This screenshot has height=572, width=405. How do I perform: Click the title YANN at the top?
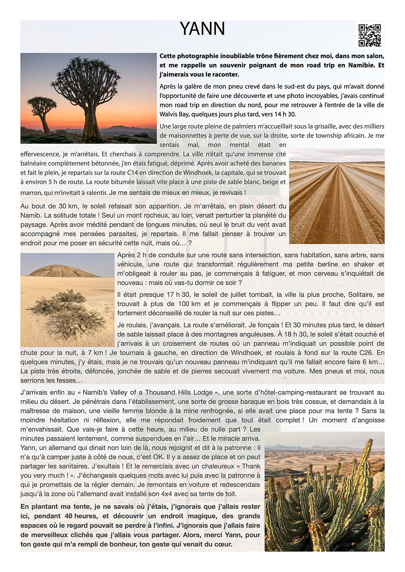(202, 29)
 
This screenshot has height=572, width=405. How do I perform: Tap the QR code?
(369, 35)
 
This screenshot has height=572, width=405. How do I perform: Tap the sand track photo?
(337, 196)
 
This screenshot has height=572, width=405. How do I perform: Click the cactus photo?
(324, 491)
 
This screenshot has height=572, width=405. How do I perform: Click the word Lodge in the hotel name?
(203, 392)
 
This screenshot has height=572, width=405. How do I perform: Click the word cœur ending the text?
(224, 544)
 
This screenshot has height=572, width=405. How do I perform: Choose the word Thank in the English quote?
(251, 466)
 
